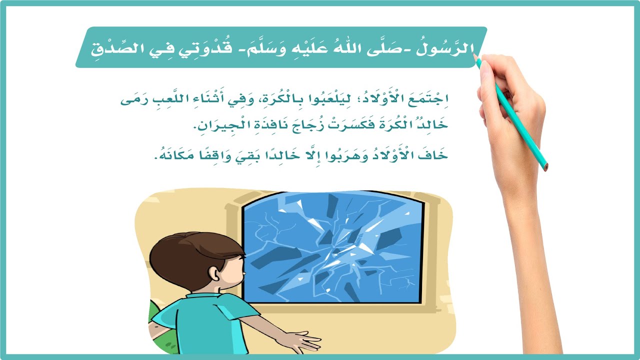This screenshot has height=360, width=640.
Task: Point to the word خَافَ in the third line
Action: (x=435, y=155)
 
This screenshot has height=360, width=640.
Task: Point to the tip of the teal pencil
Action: (x=475, y=58)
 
